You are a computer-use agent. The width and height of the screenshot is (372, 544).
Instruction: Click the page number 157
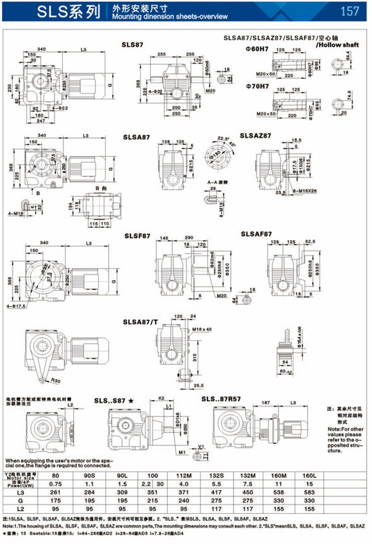349,11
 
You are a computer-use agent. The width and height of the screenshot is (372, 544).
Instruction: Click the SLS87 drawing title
132,44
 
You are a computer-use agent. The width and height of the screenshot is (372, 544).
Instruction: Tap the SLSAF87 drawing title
256,233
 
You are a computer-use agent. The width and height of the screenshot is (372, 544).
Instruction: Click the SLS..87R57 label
221,399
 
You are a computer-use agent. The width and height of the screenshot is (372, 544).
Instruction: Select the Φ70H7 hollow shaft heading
257,86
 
